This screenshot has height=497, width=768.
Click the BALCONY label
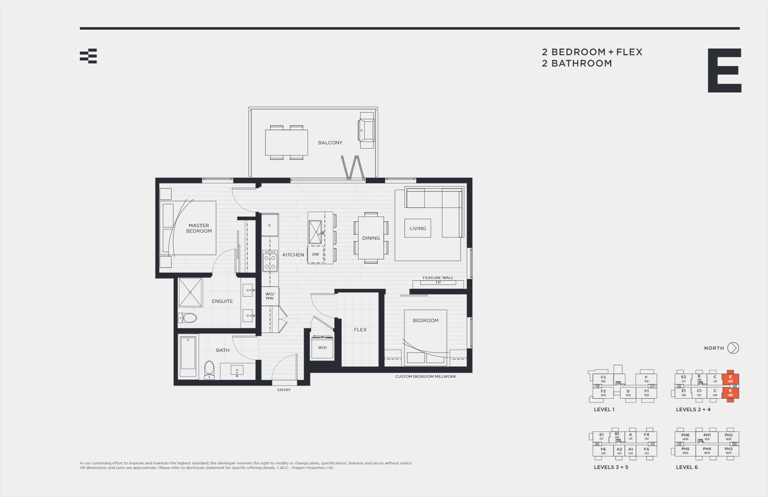330,143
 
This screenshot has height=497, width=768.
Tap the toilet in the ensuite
188,318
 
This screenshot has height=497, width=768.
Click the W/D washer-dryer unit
322,348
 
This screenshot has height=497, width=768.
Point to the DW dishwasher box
315,254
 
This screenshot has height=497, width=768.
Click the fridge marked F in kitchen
270,225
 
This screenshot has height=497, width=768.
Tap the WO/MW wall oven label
270,296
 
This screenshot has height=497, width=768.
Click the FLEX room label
360,330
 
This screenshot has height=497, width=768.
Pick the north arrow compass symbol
733,348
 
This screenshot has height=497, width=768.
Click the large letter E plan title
724,70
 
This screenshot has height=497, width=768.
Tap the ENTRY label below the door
284,390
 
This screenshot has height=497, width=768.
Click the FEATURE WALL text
438,278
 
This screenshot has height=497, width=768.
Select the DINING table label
371,238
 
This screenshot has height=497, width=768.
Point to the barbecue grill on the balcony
366,131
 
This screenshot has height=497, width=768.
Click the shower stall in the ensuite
190,292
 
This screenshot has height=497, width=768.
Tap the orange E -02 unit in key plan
730,379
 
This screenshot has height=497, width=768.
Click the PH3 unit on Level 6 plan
729,451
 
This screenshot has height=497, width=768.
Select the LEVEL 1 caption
604,410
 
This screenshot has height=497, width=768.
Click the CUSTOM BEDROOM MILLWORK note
425,377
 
